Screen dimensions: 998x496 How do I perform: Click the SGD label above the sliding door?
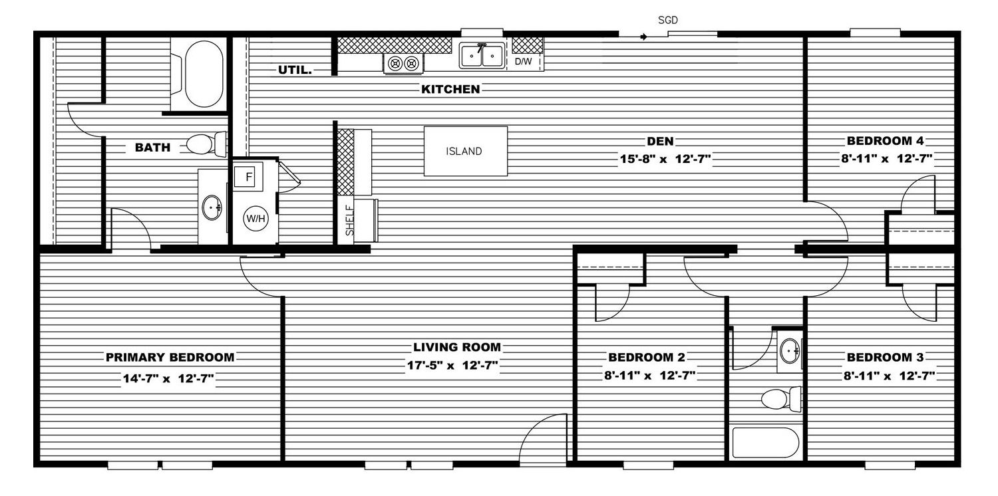pyautogui.click(x=667, y=20)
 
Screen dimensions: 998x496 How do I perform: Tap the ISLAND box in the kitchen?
pyautogui.click(x=466, y=152)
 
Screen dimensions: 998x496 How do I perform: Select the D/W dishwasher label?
pyautogui.click(x=523, y=61)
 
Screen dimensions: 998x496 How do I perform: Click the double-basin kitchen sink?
pyautogui.click(x=482, y=56)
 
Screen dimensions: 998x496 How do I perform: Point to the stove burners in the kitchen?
pyautogui.click(x=403, y=64)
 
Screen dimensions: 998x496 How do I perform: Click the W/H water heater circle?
pyautogui.click(x=255, y=219)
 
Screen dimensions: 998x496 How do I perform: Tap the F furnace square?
pyautogui.click(x=248, y=177)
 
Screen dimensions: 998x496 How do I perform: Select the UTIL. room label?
pyautogui.click(x=295, y=70)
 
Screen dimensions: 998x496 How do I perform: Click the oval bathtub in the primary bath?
pyautogui.click(x=204, y=74)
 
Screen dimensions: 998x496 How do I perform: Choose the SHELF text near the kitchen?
pyautogui.click(x=349, y=220)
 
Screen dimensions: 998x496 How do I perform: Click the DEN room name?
pyautogui.click(x=660, y=141)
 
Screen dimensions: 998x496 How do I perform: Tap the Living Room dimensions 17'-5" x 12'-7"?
pyautogui.click(x=452, y=366)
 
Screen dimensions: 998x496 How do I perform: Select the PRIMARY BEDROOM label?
pyautogui.click(x=170, y=357)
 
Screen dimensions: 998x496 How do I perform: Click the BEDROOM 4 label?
pyautogui.click(x=885, y=141)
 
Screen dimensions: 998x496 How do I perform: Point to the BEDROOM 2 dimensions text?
pyautogui.click(x=649, y=376)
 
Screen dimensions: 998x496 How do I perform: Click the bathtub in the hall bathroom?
pyautogui.click(x=765, y=443)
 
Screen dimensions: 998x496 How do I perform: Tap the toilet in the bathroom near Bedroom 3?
pyautogui.click(x=781, y=399)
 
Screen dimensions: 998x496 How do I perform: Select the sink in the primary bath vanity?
pyautogui.click(x=212, y=207)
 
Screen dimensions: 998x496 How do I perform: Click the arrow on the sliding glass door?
pyautogui.click(x=644, y=37)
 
